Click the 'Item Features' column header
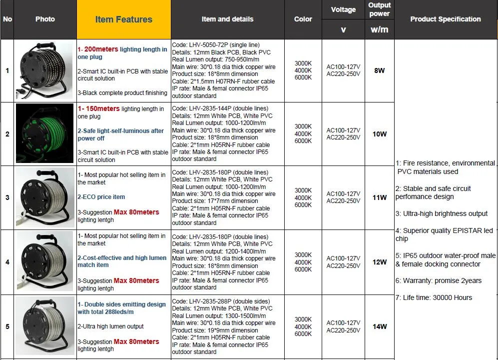tap(123, 19)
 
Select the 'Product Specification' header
tap(446, 19)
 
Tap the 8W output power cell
tap(380, 70)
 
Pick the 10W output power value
tap(380, 134)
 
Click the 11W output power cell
tap(380, 197)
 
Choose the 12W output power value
tap(380, 262)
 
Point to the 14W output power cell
tap(380, 326)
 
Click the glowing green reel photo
tap(45, 134)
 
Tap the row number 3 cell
tap(7, 197)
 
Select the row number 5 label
tap(7, 326)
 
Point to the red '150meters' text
tap(102, 108)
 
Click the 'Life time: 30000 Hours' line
tap(434, 297)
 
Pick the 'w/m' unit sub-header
tap(380, 29)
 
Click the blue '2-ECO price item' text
tap(101, 197)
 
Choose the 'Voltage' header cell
tap(343, 9)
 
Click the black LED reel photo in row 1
tap(45, 70)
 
